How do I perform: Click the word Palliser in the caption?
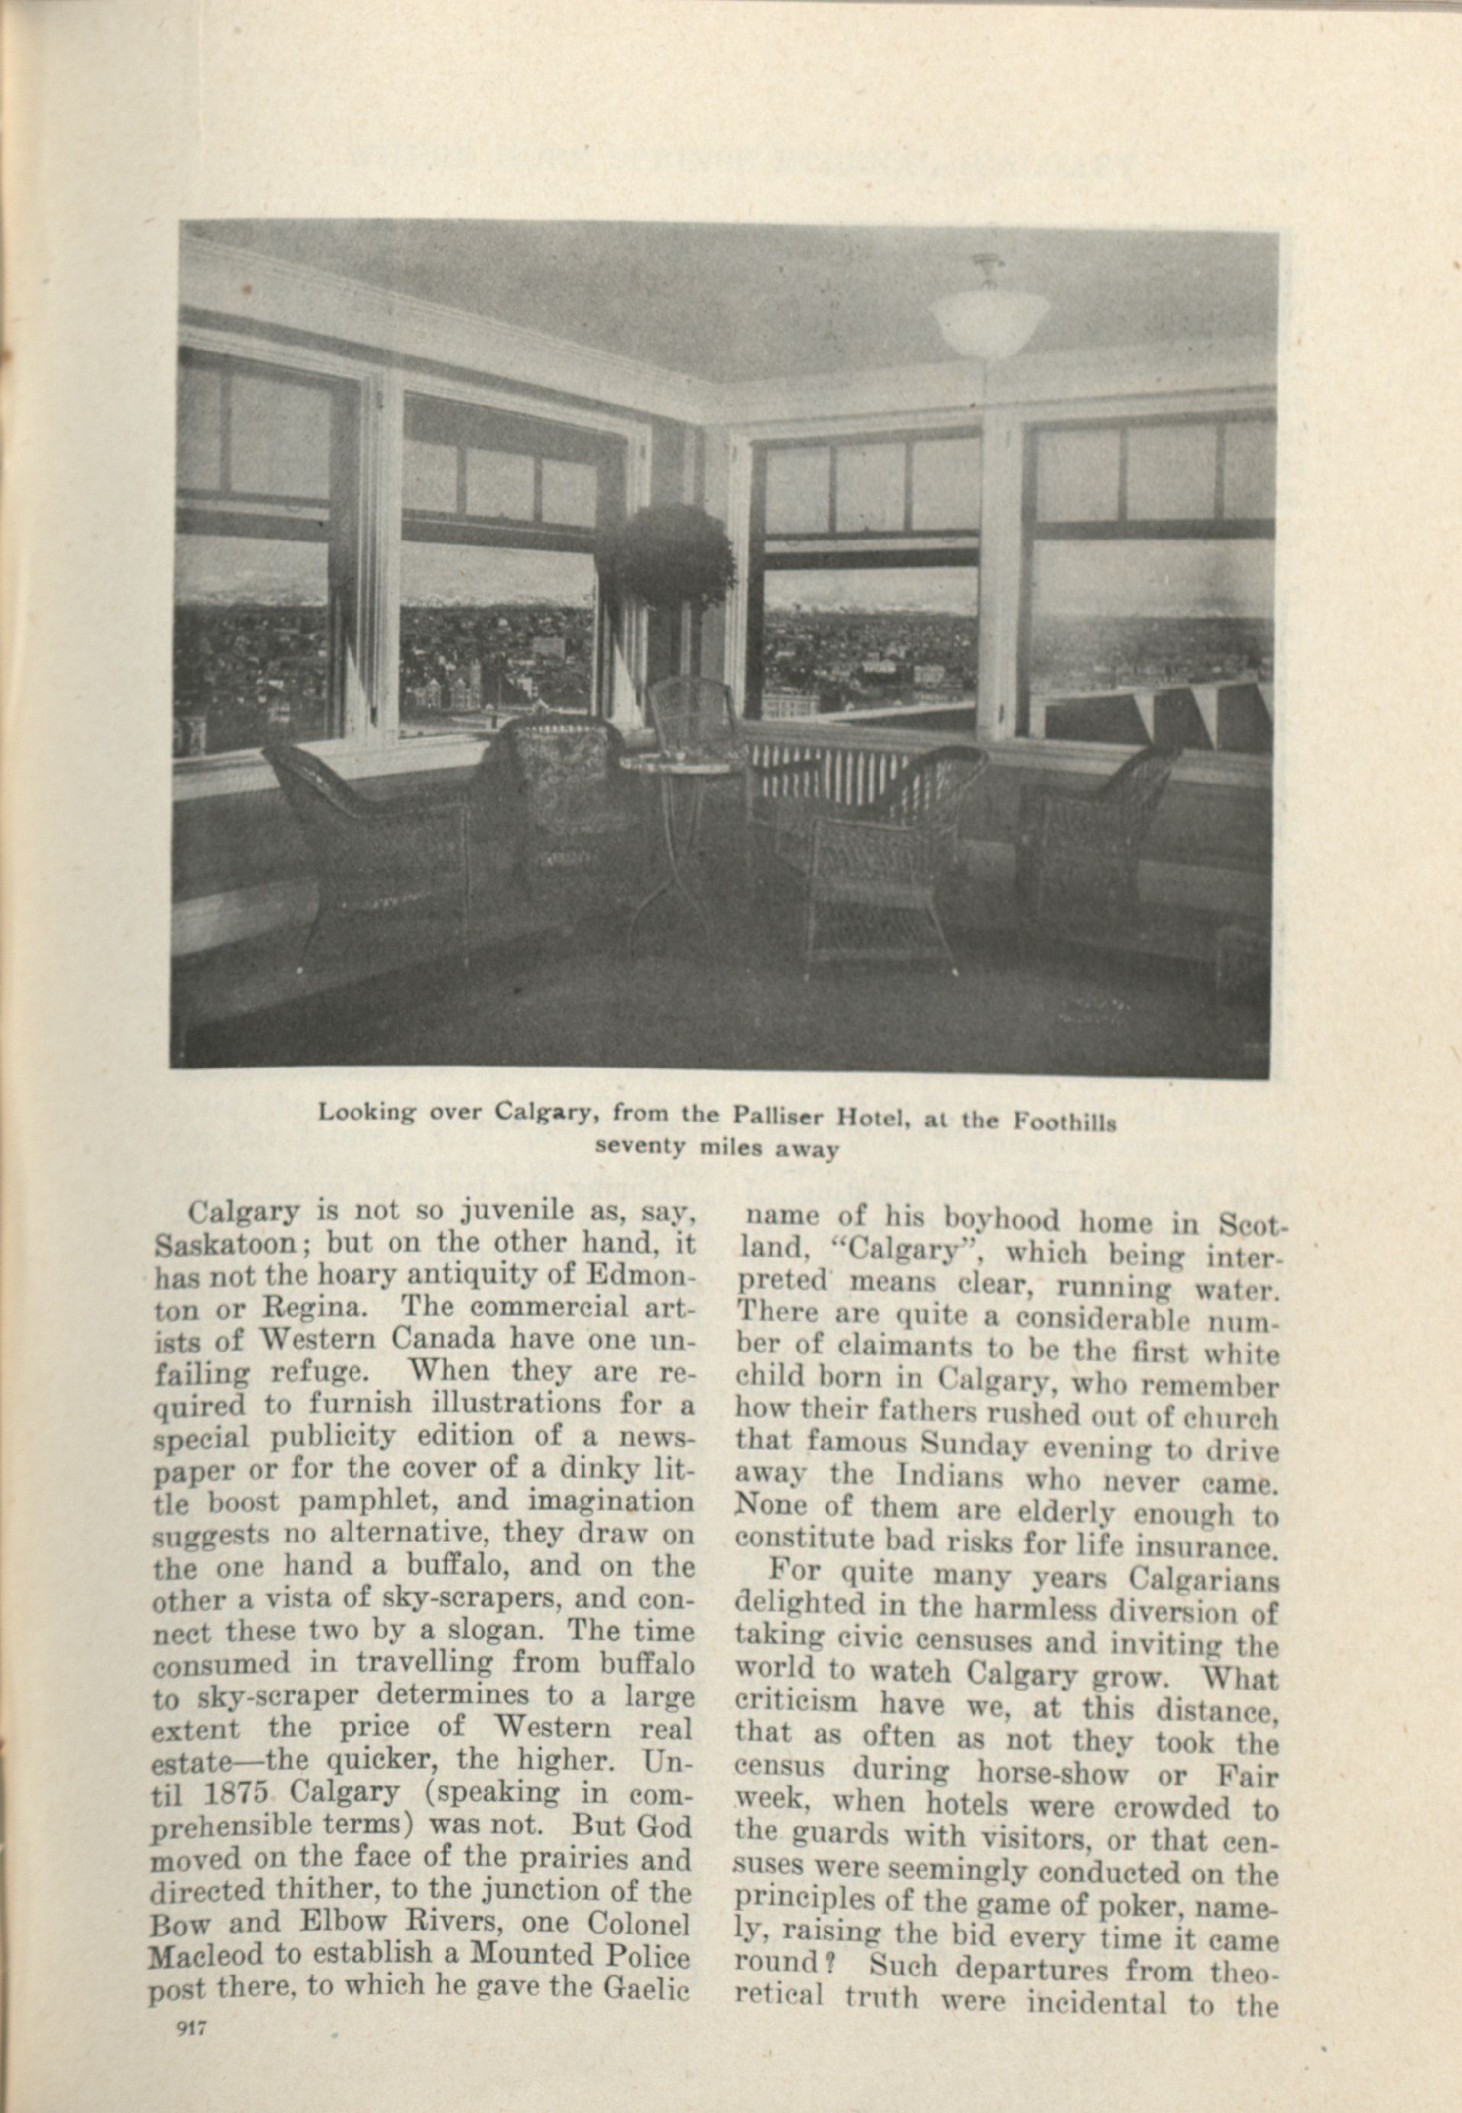tap(778, 1115)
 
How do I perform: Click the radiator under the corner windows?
tap(788, 769)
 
